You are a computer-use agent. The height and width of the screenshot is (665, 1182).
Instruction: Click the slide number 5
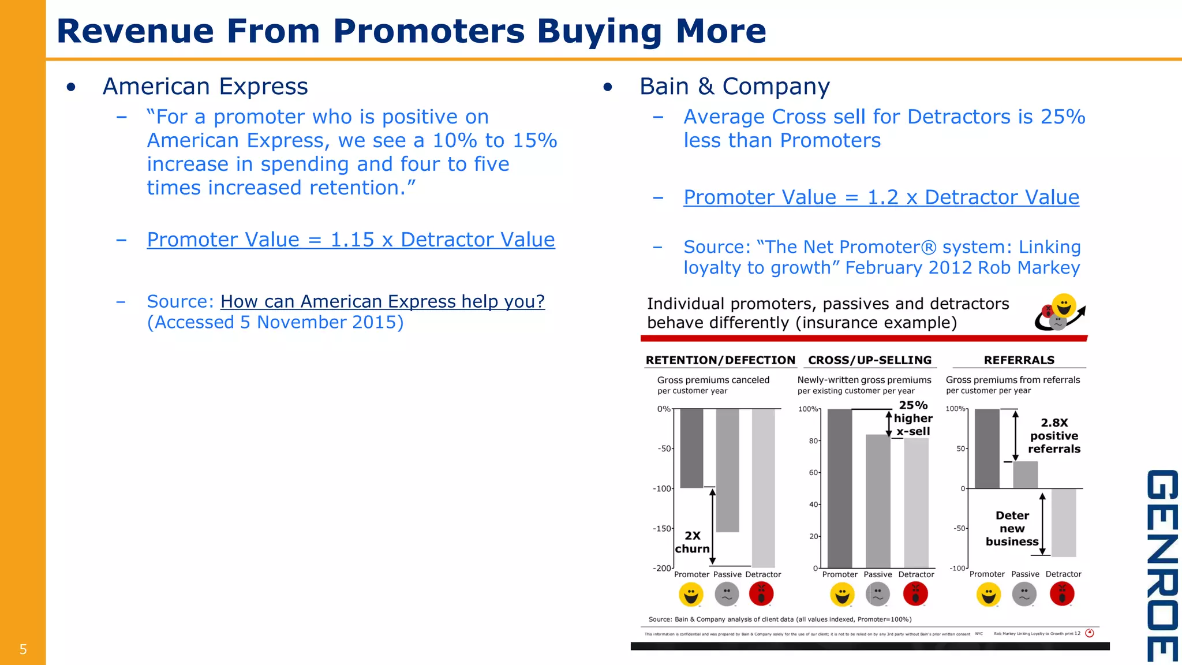[x=23, y=649]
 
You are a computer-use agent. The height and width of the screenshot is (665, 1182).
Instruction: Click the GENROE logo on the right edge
[x=1162, y=565]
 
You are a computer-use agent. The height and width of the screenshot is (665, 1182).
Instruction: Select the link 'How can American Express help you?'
[x=382, y=301]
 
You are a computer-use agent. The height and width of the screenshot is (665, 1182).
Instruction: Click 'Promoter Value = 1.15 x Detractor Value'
[x=350, y=240]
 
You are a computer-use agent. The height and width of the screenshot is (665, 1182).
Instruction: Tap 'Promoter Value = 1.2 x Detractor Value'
[x=881, y=197]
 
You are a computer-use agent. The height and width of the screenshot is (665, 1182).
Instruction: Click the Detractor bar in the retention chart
[x=763, y=488]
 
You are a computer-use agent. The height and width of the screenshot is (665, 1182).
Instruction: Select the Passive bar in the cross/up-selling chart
[x=878, y=501]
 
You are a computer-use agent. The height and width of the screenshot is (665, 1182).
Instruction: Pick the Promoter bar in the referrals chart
[x=987, y=449]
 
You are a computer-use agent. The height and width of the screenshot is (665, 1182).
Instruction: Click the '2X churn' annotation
[x=692, y=542]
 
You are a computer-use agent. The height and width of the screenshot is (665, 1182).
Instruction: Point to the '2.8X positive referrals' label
[x=1054, y=436]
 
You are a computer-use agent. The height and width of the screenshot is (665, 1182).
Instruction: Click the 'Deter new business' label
[x=1012, y=528]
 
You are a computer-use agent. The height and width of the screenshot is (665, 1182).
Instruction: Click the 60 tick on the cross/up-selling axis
[x=813, y=472]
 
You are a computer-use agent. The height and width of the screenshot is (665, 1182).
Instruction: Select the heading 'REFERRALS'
[x=1019, y=360]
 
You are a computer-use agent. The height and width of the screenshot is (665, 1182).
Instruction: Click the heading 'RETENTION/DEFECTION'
[x=720, y=360]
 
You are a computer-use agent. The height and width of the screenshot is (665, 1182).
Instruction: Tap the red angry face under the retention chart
[x=761, y=594]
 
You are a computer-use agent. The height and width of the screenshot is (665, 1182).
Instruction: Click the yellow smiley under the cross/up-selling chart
[x=842, y=595]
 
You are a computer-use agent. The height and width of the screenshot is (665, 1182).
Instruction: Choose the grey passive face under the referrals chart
[x=1024, y=595]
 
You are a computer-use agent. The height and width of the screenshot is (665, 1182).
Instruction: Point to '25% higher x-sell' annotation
[x=913, y=418]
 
